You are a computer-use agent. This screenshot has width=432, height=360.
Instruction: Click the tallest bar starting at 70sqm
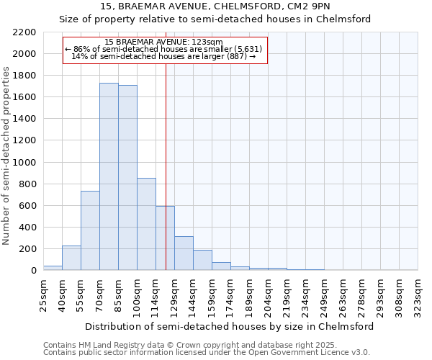point(109,176)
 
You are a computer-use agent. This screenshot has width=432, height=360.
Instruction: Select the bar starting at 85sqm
point(127,178)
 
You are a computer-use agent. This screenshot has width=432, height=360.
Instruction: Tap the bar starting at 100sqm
point(146,224)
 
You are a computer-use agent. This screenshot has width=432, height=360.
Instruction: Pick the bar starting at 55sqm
point(90,230)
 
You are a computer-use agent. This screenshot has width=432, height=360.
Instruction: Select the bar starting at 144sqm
point(202,260)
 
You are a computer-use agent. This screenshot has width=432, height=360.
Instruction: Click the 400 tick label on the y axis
point(28,228)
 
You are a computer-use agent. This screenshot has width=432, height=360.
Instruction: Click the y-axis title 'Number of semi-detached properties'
point(7,156)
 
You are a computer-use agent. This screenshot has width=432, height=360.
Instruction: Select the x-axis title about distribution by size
point(230,326)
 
